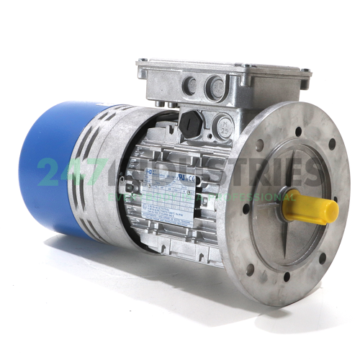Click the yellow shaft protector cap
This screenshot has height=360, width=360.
click(x=314, y=209)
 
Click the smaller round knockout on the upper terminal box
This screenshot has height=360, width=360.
click(x=190, y=86)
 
